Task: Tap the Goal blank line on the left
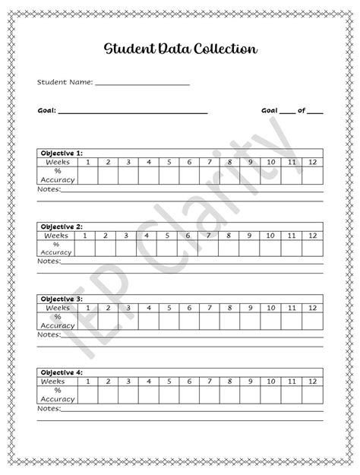(x=133, y=112)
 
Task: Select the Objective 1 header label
(x=62, y=153)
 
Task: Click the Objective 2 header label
(x=62, y=226)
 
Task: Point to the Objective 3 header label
(x=62, y=299)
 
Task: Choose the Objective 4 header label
(x=62, y=372)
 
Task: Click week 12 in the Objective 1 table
(x=311, y=161)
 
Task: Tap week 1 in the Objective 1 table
(x=88, y=161)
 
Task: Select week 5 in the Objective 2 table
(x=167, y=235)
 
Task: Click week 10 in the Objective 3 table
(x=270, y=307)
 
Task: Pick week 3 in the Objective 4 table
(x=129, y=381)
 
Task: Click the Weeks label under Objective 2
(x=57, y=235)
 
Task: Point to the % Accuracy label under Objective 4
(x=57, y=394)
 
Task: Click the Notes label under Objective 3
(x=48, y=334)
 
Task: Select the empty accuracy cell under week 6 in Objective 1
(x=190, y=175)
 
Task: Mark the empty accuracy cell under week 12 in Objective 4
(x=311, y=394)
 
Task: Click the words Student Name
(x=65, y=81)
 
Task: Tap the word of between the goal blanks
(x=302, y=110)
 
